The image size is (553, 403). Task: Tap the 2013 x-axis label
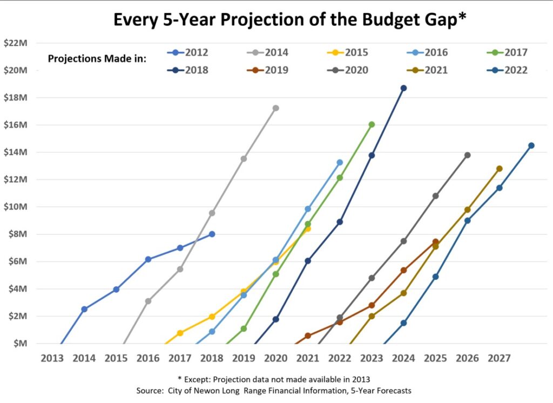pos(52,358)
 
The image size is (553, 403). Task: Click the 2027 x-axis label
pos(499,358)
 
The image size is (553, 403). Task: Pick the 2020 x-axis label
pos(275,358)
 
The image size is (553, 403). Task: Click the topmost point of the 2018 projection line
pos(403,88)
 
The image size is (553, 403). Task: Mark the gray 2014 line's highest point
pos(275,108)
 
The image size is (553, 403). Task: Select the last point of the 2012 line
pos(212,234)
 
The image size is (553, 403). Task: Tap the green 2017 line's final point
pos(372,124)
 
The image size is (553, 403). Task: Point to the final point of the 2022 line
pos(531,145)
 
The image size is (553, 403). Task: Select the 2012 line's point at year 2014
pos(84,309)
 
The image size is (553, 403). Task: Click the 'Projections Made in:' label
pos(97,58)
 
